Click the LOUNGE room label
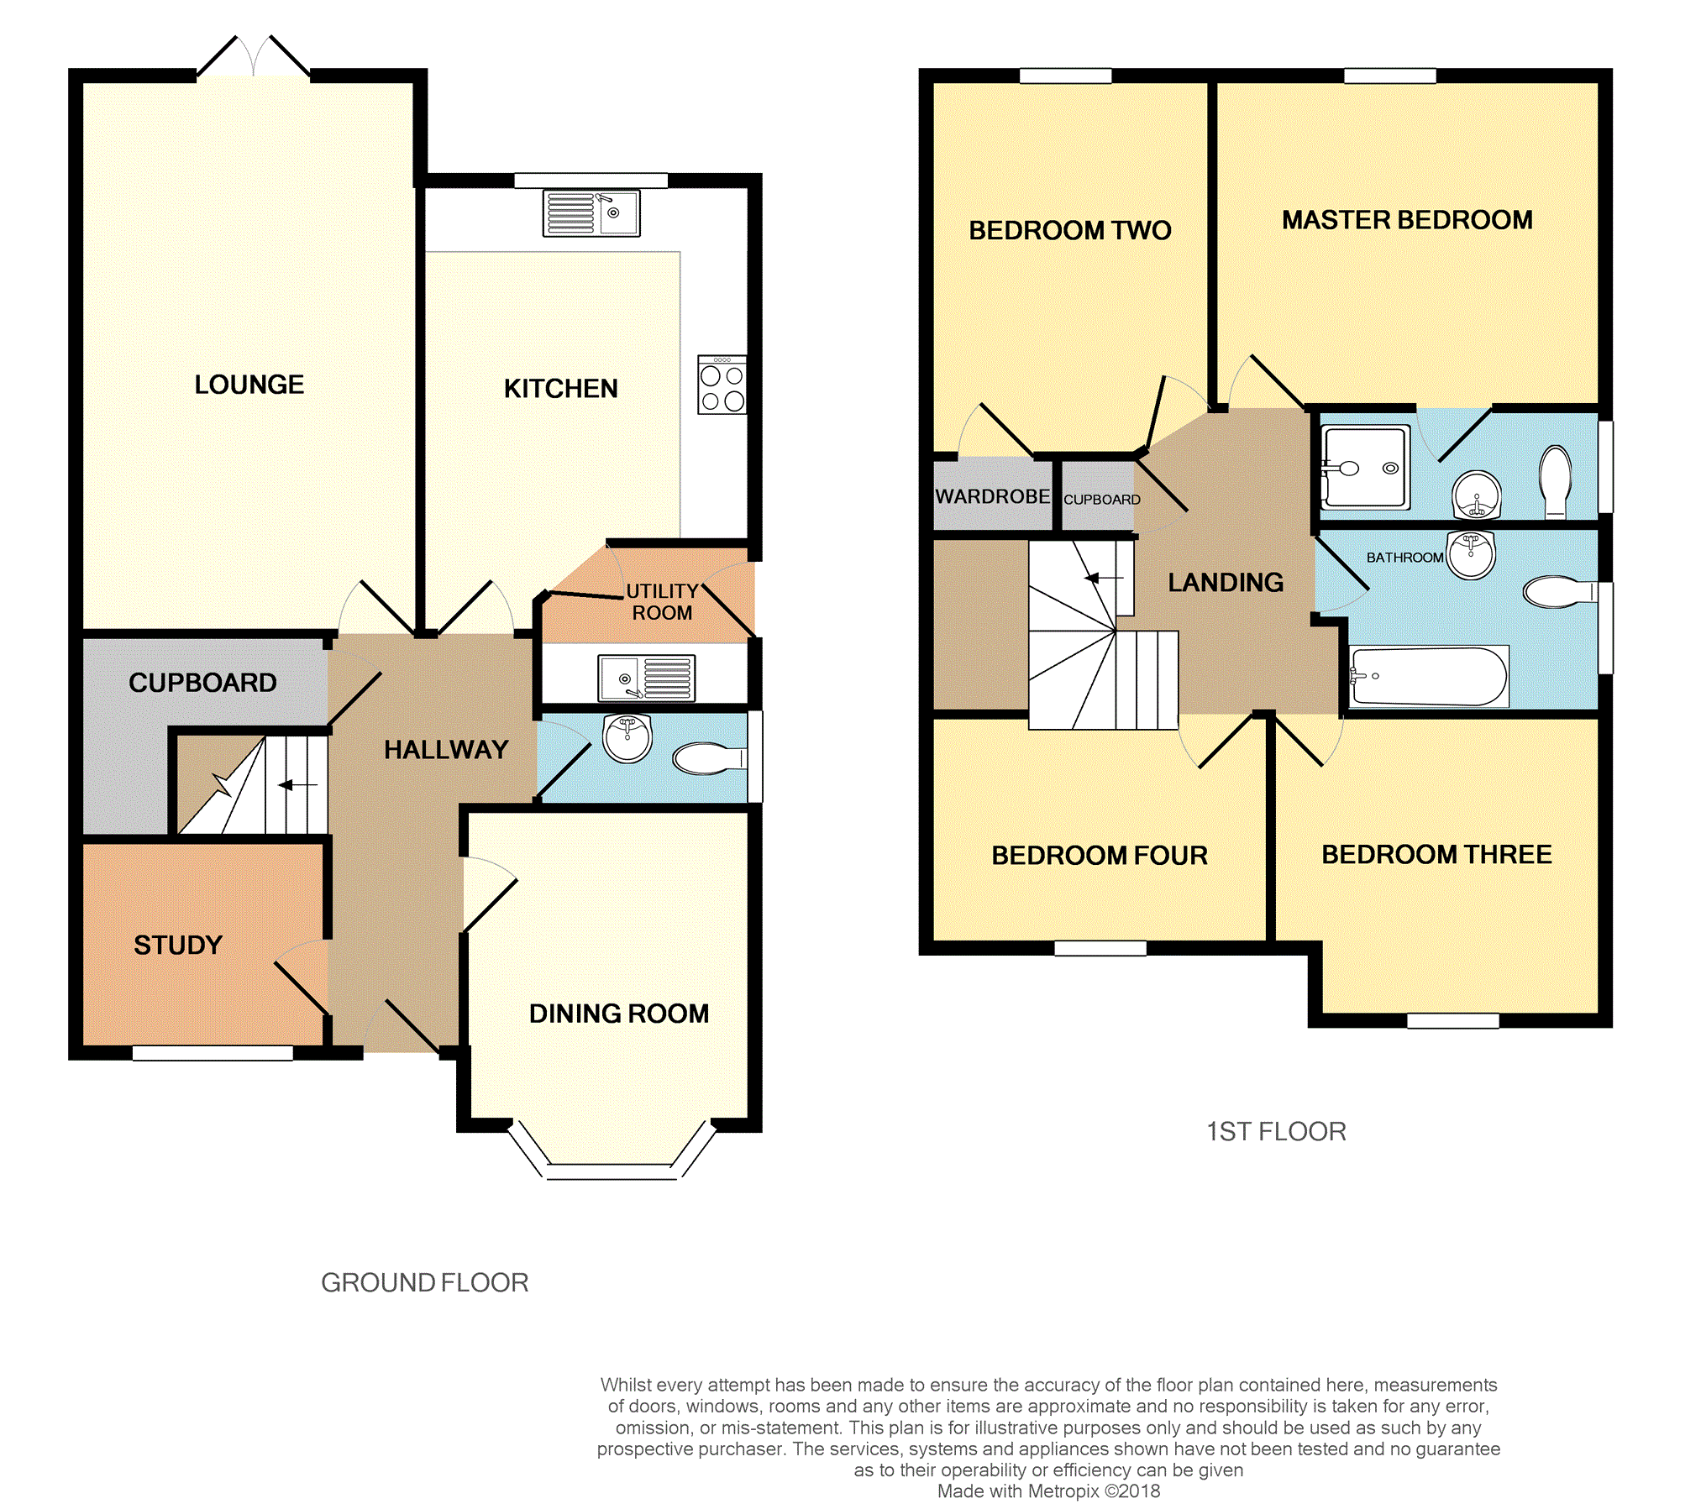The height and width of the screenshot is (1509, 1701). point(249,385)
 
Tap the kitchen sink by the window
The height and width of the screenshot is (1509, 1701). point(591,212)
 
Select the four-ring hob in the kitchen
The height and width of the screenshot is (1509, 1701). point(722,385)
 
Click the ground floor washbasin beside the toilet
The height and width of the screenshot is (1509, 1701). point(627,738)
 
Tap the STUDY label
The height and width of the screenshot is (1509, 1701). point(178,945)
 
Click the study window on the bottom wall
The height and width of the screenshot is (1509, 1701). point(213,1053)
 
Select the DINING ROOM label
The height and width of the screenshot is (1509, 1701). point(619,1014)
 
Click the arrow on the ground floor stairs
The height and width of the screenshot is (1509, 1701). point(297,785)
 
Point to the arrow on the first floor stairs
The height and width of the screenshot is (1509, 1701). point(1104,578)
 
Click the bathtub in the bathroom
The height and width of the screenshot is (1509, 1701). point(1429,676)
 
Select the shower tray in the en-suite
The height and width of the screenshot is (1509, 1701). point(1365,467)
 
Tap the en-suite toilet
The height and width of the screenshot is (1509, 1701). point(1556,481)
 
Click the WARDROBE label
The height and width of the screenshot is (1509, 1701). point(993,496)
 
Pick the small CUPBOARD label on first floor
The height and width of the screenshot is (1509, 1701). point(1102,500)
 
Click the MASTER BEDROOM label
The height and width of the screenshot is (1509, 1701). point(1407,220)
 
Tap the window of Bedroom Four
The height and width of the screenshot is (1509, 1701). point(1100,948)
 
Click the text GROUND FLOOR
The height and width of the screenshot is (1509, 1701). point(425,1282)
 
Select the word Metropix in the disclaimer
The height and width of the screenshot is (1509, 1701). point(1063,1491)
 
